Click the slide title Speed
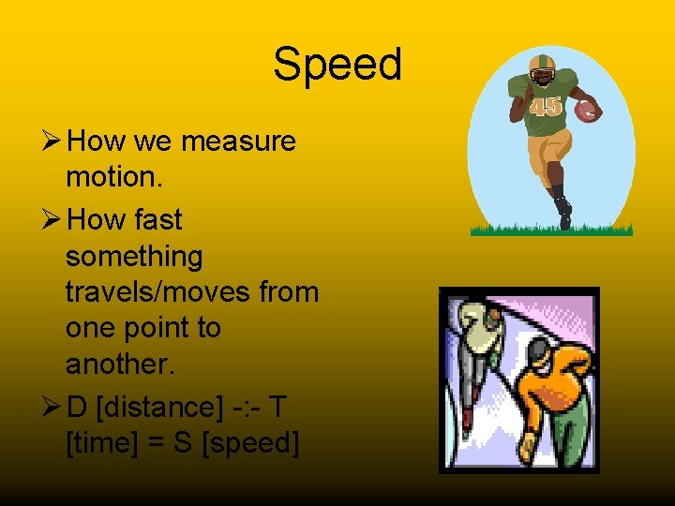coord(337,66)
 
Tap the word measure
coord(238,141)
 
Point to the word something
coord(134,256)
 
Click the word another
coord(119,365)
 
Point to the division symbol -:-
coord(246,407)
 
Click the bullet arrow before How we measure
coord(52,142)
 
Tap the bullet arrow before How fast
coord(52,221)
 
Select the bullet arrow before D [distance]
coord(52,408)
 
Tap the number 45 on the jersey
coord(545,106)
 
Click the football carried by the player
coord(586,111)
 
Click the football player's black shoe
coord(562,211)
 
